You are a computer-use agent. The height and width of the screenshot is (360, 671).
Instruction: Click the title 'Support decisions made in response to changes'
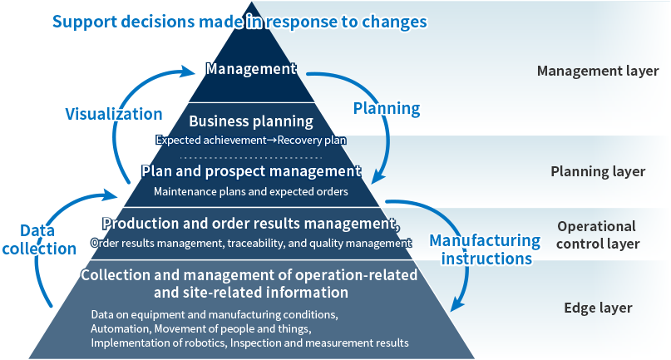tap(239, 21)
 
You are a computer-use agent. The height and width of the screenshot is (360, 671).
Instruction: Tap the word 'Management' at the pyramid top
tap(251, 69)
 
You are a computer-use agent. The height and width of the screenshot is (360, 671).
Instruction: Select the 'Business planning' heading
tap(251, 121)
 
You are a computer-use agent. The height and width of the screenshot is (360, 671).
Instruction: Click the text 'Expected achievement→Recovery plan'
tap(251, 140)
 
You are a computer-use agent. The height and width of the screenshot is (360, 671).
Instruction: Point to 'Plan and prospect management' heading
tap(251, 172)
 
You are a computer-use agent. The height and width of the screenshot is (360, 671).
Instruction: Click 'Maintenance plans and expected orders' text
tap(251, 191)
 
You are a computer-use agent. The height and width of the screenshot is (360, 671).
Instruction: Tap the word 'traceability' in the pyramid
tap(254, 243)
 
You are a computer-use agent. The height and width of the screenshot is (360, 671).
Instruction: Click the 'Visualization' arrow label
tap(114, 114)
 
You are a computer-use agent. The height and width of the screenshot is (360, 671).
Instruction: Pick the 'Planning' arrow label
tap(387, 108)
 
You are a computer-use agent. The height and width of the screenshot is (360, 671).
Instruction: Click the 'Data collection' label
tap(37, 239)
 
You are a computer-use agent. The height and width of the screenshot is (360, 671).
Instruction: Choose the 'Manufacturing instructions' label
tap(485, 249)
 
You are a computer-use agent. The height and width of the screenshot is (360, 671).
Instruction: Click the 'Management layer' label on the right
tap(598, 71)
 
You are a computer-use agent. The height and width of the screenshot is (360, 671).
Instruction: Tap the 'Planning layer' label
tap(598, 171)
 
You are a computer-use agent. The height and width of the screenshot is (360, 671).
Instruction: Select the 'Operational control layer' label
tap(598, 234)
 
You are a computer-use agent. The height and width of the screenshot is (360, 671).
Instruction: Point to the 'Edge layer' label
tap(598, 308)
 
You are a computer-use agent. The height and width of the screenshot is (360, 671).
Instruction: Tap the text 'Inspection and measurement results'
tap(319, 342)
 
